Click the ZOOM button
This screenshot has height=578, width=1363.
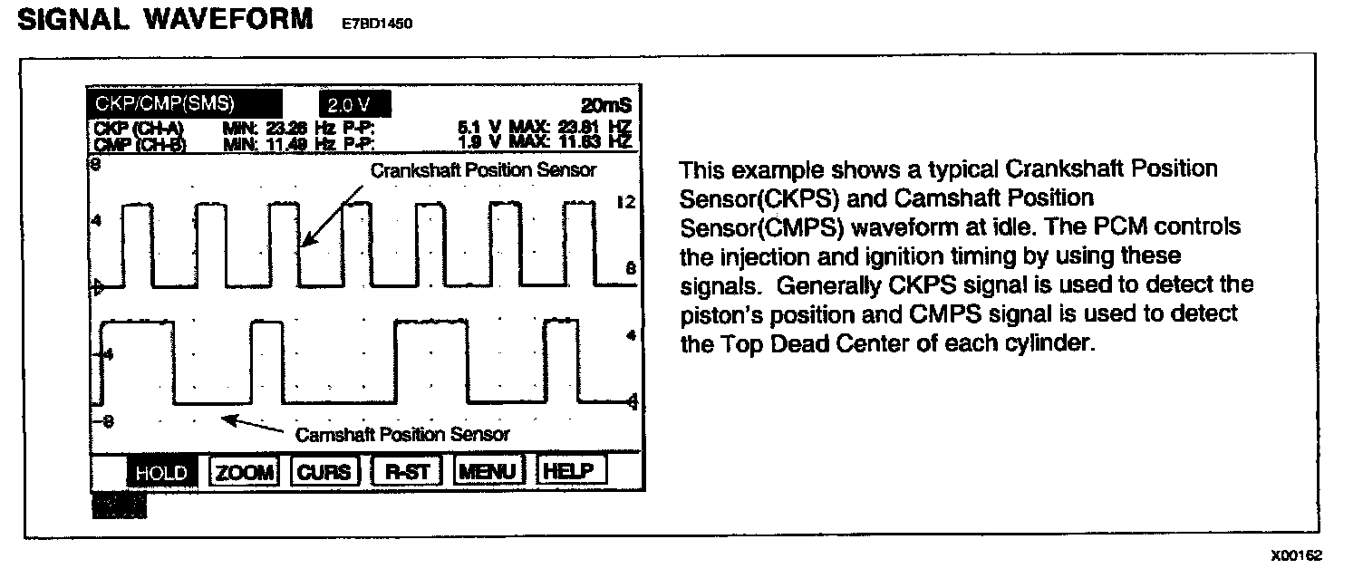click(x=246, y=472)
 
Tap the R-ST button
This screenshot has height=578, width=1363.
click(x=407, y=472)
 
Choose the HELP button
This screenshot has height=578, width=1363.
click(x=571, y=472)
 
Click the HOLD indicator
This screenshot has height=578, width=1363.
click(x=161, y=472)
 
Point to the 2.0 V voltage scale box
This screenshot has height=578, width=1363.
click(x=354, y=104)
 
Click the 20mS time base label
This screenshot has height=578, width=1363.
click(x=609, y=105)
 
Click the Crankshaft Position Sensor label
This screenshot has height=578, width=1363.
click(x=482, y=169)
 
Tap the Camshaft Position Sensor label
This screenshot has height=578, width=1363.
click(x=402, y=434)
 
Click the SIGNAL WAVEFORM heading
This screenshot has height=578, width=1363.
click(x=165, y=21)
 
